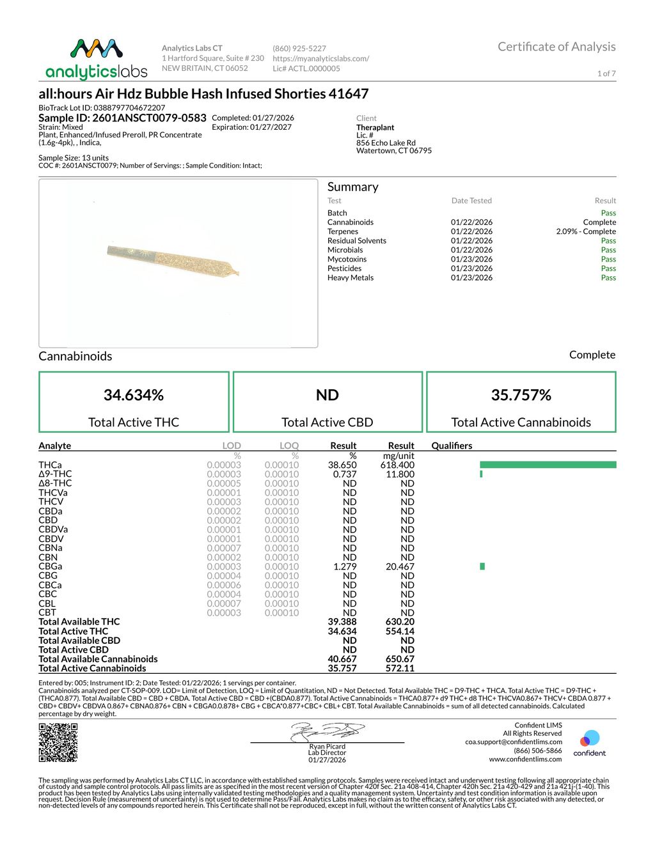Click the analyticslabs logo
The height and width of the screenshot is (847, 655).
[97, 59]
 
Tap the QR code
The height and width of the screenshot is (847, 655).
[58, 742]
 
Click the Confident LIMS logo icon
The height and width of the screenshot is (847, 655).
[590, 739]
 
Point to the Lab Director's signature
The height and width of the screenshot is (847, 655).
[327, 731]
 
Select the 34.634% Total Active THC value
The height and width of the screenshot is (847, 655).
[134, 395]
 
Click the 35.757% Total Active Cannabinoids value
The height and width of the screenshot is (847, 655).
[521, 395]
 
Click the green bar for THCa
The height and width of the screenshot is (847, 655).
[548, 465]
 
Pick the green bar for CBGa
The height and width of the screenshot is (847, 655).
[482, 566]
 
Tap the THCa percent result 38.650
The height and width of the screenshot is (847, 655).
[342, 465]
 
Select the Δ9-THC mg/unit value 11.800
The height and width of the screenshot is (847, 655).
[400, 474]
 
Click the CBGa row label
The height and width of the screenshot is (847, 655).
[51, 566]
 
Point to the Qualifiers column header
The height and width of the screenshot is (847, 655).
[452, 446]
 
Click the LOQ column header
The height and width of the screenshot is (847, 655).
[289, 446]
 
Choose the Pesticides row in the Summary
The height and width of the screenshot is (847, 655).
[344, 268]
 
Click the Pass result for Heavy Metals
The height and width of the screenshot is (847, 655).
[608, 277]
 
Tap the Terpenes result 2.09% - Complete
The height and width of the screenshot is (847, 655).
[586, 231]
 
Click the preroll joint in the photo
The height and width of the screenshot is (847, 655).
[173, 262]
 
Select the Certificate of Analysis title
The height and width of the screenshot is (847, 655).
[556, 47]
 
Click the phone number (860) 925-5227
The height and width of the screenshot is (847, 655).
[299, 49]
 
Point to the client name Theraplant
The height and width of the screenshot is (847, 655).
[375, 127]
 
